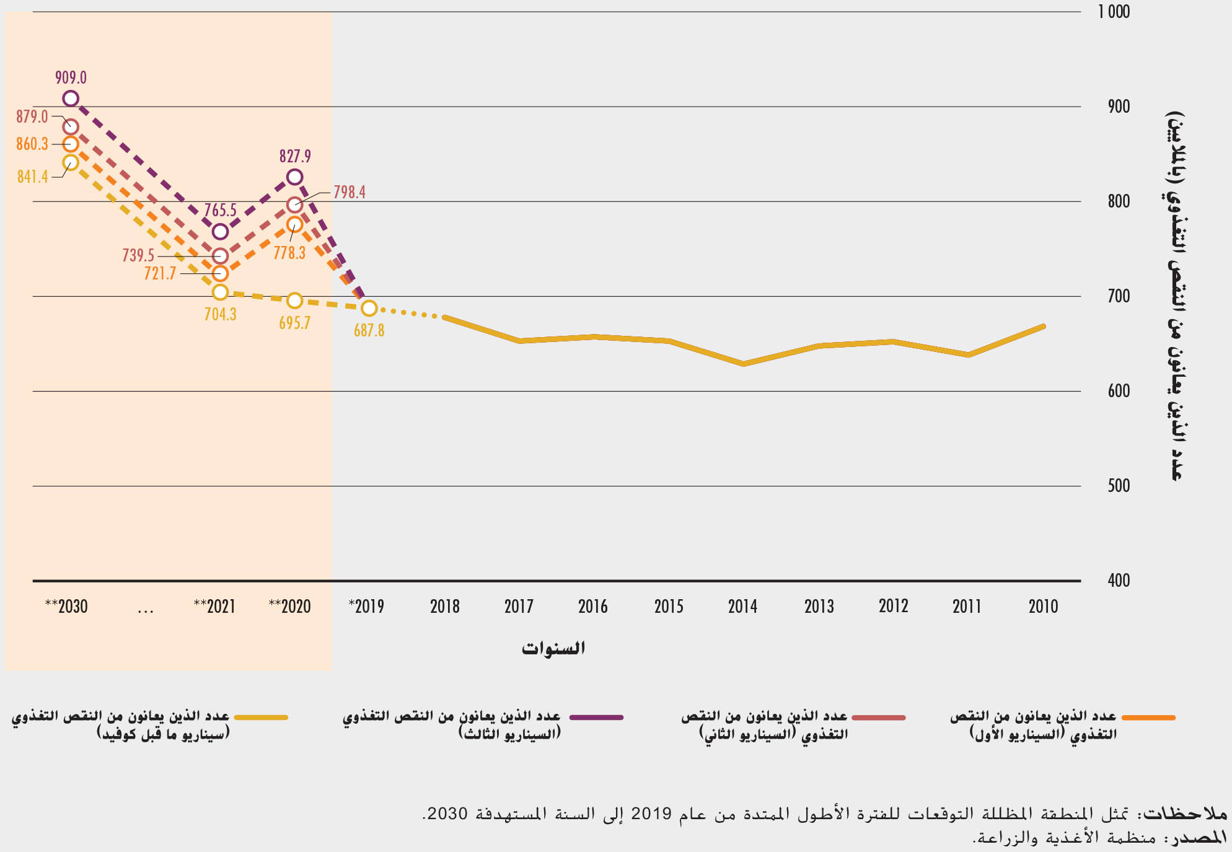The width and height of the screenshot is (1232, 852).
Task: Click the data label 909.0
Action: [71, 77]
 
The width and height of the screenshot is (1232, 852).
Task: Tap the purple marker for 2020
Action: [294, 177]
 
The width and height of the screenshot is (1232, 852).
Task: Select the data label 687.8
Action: [369, 330]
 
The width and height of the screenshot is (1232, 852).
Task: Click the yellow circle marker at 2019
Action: [369, 308]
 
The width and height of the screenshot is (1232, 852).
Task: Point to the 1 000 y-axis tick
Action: [1114, 12]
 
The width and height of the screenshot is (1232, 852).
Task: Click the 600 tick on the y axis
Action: [1119, 391]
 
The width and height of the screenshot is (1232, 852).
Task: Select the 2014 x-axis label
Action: [742, 606]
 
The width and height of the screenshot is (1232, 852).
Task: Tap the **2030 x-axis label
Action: [66, 606]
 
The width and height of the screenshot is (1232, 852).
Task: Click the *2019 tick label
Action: [366, 606]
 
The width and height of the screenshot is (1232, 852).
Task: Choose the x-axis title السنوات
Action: [553, 648]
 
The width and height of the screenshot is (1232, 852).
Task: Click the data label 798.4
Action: [350, 192]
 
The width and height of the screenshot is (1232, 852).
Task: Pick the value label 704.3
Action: [220, 314]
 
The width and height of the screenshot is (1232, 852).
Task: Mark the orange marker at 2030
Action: [71, 144]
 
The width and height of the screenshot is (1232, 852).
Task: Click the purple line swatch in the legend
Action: [596, 718]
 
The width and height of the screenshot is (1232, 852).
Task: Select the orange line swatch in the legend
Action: [1148, 718]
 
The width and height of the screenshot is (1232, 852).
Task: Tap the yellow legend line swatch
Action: [261, 718]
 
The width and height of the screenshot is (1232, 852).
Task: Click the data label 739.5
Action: [138, 255]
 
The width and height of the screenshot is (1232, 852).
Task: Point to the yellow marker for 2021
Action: [220, 292]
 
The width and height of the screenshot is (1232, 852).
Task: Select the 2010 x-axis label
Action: [1043, 606]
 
